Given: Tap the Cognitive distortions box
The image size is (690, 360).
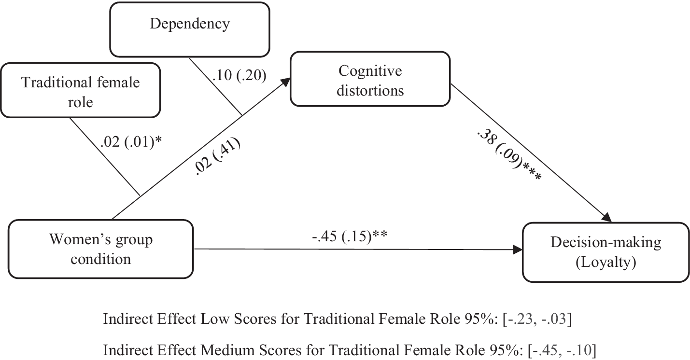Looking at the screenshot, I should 371,80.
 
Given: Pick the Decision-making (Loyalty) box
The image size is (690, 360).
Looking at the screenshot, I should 606,252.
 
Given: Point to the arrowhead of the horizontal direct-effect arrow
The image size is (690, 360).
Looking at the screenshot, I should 518,250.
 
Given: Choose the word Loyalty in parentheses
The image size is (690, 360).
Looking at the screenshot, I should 606,263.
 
